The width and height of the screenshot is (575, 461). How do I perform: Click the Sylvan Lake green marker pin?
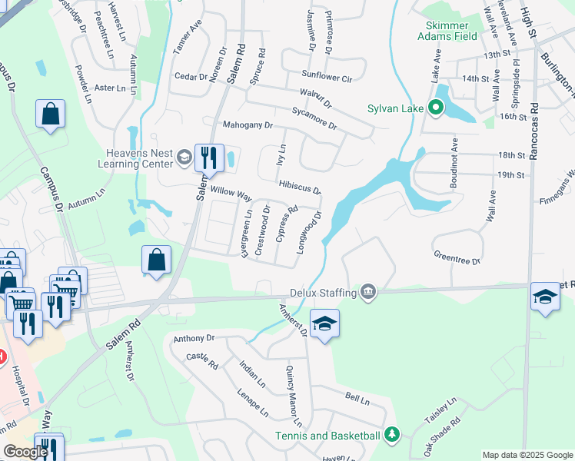pyautogui.click(x=436, y=108)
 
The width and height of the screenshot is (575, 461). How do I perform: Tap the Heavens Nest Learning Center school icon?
pyautogui.click(x=184, y=158)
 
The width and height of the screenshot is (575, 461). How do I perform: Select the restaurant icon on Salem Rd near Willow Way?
pyautogui.click(x=208, y=158)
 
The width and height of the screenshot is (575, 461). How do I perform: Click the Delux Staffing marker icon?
pyautogui.click(x=368, y=293)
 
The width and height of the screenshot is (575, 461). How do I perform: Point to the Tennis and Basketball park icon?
pyautogui.click(x=392, y=436)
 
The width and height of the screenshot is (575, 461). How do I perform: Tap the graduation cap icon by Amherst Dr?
pyautogui.click(x=324, y=324)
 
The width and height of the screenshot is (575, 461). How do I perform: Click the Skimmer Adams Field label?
pyautogui.click(x=447, y=31)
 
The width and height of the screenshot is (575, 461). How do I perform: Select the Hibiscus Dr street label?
pyautogui.click(x=300, y=187)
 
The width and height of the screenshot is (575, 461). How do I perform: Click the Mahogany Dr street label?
pyautogui.click(x=248, y=124)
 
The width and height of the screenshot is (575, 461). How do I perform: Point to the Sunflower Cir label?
pyautogui.click(x=326, y=78)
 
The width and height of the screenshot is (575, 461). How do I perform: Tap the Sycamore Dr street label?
pyautogui.click(x=314, y=118)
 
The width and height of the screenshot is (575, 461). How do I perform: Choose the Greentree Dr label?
pyautogui.click(x=457, y=257)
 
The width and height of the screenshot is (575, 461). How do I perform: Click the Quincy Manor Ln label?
pyautogui.click(x=293, y=396)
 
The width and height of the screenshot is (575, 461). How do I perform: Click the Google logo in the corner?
pyautogui.click(x=25, y=452)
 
